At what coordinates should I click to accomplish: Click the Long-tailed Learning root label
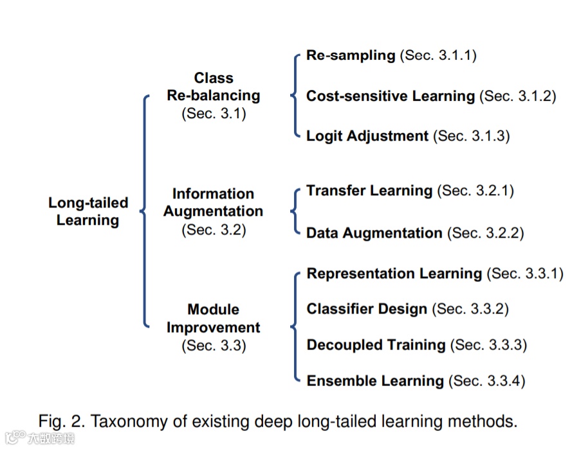[87, 211]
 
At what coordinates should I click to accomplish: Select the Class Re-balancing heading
[214, 87]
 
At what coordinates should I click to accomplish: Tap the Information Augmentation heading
[213, 202]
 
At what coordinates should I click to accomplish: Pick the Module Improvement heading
[213, 319]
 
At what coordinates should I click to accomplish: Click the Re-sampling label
[351, 55]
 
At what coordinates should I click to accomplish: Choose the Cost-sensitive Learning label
[391, 96]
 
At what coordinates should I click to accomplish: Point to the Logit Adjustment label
[367, 136]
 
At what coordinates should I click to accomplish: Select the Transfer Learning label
[369, 191]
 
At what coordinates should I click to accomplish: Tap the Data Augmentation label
[374, 233]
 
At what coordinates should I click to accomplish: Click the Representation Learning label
[394, 274]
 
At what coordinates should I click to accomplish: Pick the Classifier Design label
[367, 309]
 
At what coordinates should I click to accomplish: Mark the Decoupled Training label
[376, 345]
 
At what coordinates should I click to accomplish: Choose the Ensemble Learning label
[375, 381]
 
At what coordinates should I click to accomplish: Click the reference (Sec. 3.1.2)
[518, 96]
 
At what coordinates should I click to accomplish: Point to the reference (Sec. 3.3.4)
[487, 381]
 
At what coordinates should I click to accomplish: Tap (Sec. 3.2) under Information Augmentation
[214, 229]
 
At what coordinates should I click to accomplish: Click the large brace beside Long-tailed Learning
[145, 211]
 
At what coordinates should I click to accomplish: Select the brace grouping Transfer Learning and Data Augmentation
[295, 211]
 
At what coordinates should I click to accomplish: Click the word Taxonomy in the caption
[133, 422]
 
